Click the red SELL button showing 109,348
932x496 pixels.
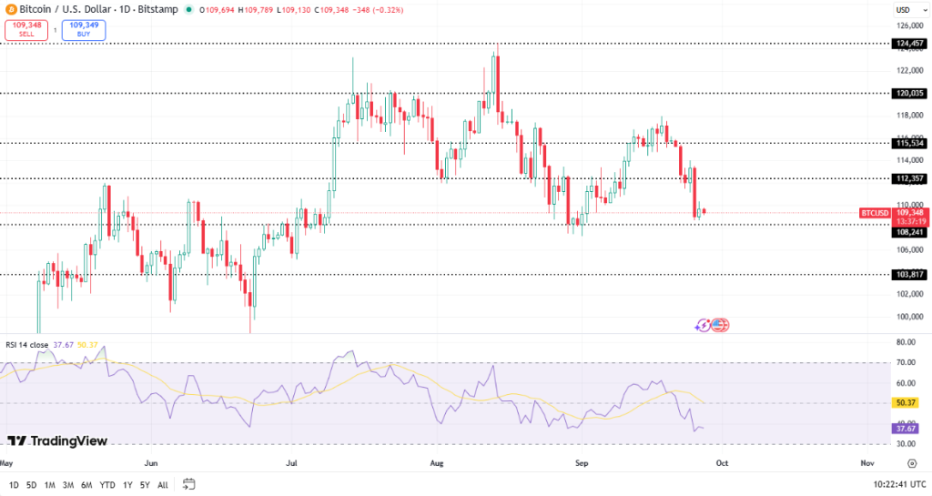point(25,30)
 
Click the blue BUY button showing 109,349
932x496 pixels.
point(84,30)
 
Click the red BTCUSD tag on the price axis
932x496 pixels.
point(875,213)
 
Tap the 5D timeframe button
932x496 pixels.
point(32,484)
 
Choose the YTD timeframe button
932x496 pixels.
point(106,484)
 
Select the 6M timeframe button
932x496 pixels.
point(86,484)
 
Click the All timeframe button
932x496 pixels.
point(163,484)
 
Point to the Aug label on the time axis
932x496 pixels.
point(437,463)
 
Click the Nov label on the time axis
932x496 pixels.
point(866,463)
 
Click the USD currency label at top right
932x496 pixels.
point(903,10)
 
